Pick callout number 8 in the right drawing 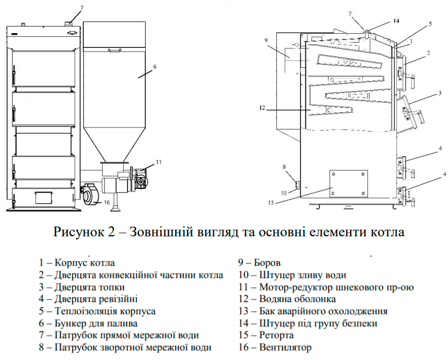click(285, 167)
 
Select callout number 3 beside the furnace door click(439, 94)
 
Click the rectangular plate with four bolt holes click(349, 186)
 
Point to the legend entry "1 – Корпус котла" click(76, 263)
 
